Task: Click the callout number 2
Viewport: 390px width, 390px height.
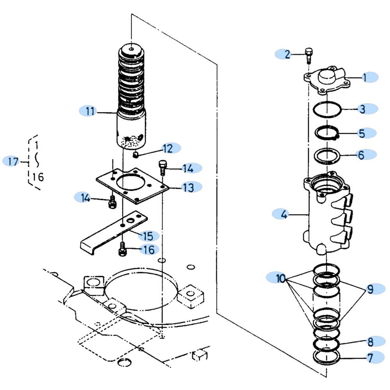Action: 287,54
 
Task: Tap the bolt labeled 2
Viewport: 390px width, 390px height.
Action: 308,55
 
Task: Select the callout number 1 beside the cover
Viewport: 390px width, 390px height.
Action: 365,77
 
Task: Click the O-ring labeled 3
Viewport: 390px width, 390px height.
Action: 327,109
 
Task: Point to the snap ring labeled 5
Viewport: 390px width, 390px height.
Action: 327,133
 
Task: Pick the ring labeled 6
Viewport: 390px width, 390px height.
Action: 327,156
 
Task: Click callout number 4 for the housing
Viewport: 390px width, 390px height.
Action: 284,214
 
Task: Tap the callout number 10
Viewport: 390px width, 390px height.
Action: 280,278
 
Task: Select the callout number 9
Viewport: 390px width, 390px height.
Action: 370,289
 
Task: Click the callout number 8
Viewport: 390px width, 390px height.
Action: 370,342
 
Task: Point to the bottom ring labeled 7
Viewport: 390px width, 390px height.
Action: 327,357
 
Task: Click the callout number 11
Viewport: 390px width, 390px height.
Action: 90,111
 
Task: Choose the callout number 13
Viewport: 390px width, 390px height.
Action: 188,187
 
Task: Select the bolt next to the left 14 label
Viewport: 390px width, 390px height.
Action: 112,202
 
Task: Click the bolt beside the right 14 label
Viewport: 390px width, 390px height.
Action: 162,168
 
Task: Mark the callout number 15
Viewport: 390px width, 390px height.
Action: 148,236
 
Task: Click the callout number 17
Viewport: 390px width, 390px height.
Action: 13,161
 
